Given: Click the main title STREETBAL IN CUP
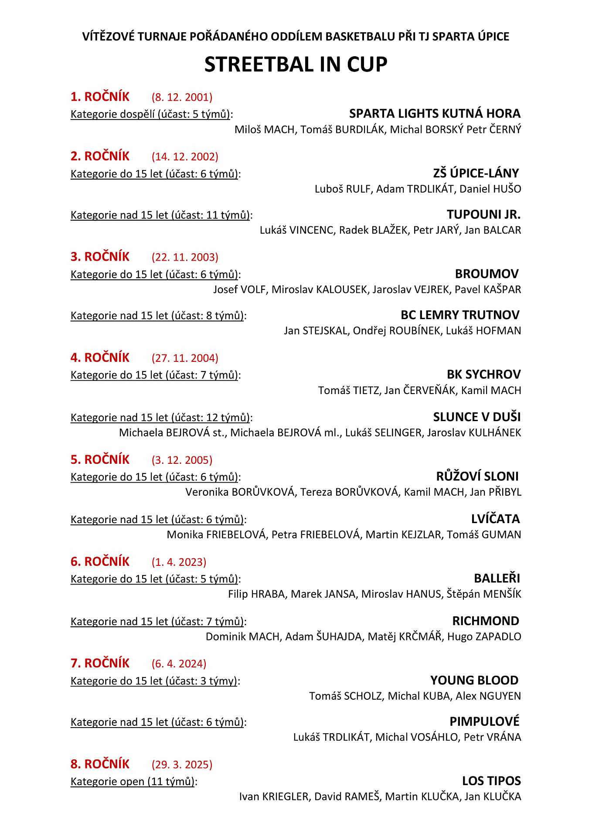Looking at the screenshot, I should coord(296,65).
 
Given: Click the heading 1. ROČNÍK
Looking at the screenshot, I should coord(100,96).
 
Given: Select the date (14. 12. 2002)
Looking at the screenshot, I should coord(185,157).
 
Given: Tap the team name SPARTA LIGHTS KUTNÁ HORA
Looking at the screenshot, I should coord(435,113).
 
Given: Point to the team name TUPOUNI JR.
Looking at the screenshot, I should coord(483,214).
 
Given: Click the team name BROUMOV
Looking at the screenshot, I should coord(487,274).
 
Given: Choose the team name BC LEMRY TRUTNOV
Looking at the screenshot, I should coord(460,315).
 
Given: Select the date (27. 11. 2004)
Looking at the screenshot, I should coord(185,358).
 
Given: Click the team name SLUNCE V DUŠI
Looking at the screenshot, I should coord(477,417).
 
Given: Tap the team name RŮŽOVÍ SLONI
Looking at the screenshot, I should coord(477,476).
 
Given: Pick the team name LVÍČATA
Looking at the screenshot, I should coord(495,519).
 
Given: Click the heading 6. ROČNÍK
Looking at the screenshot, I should coord(100,561).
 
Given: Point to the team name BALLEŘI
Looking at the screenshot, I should coord(497,578).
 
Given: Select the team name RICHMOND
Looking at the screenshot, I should coord(486,621).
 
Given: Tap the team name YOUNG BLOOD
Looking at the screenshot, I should coord(474,680).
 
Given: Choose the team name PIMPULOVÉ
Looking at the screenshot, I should coord(484,721).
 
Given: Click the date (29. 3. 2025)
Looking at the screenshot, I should coord(182,764).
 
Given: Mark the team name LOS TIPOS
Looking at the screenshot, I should coord(491,781).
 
